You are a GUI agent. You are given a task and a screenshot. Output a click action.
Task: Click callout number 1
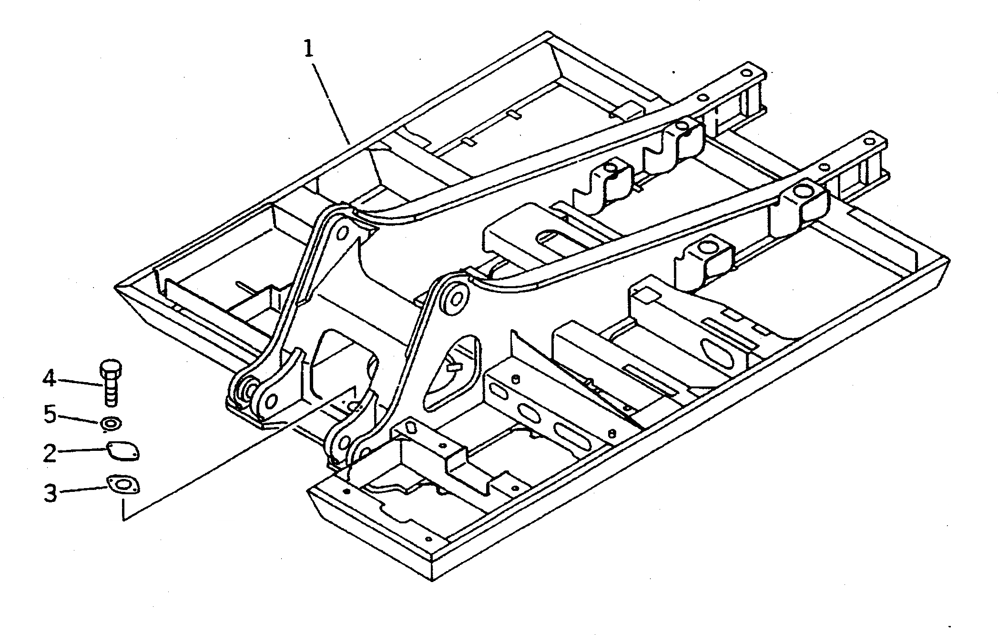[309, 49]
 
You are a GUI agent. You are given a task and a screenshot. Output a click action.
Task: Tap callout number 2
[49, 453]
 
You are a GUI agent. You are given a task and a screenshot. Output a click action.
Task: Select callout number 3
[50, 492]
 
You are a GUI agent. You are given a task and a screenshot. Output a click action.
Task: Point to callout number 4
[49, 379]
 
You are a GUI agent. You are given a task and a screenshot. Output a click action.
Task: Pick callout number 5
[50, 414]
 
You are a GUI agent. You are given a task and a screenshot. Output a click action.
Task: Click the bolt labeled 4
[111, 382]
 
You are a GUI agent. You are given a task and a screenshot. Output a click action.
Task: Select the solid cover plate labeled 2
[122, 451]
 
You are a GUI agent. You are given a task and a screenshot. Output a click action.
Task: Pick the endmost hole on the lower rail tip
[871, 142]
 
